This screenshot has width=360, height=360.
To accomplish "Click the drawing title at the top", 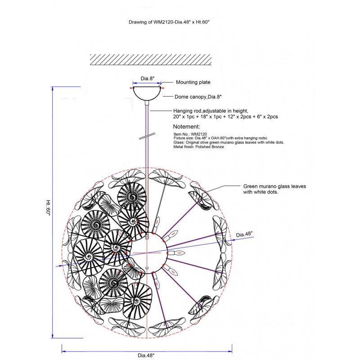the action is coord(169,22).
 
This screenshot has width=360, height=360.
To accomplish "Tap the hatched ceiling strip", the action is coord(151,60).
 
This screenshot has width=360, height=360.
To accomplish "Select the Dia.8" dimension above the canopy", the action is coord(148,78).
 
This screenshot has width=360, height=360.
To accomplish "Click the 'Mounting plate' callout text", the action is coord(193,82).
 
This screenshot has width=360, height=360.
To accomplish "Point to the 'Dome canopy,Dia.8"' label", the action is coord(198,97).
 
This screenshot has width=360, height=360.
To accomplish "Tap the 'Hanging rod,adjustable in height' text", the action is coord(211,111).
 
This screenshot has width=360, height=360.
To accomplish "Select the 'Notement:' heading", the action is coord(186,126).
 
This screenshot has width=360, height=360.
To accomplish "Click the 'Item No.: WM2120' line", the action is coord(190,134).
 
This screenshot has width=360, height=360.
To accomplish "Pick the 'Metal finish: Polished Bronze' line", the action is coord(198,147).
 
